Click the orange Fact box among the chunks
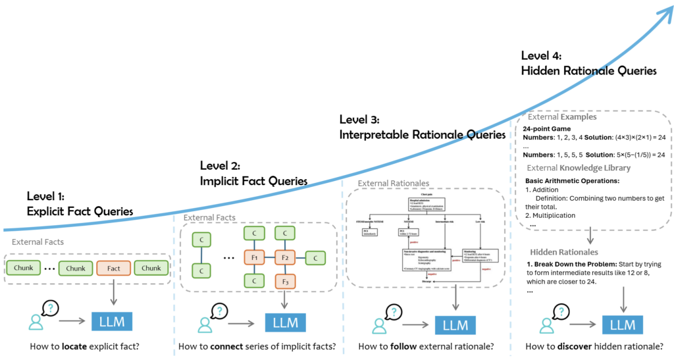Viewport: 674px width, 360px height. coord(114,269)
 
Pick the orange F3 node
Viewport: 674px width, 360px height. coord(284,281)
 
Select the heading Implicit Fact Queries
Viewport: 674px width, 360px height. coord(253,180)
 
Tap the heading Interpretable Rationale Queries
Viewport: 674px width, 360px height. coord(422,135)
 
